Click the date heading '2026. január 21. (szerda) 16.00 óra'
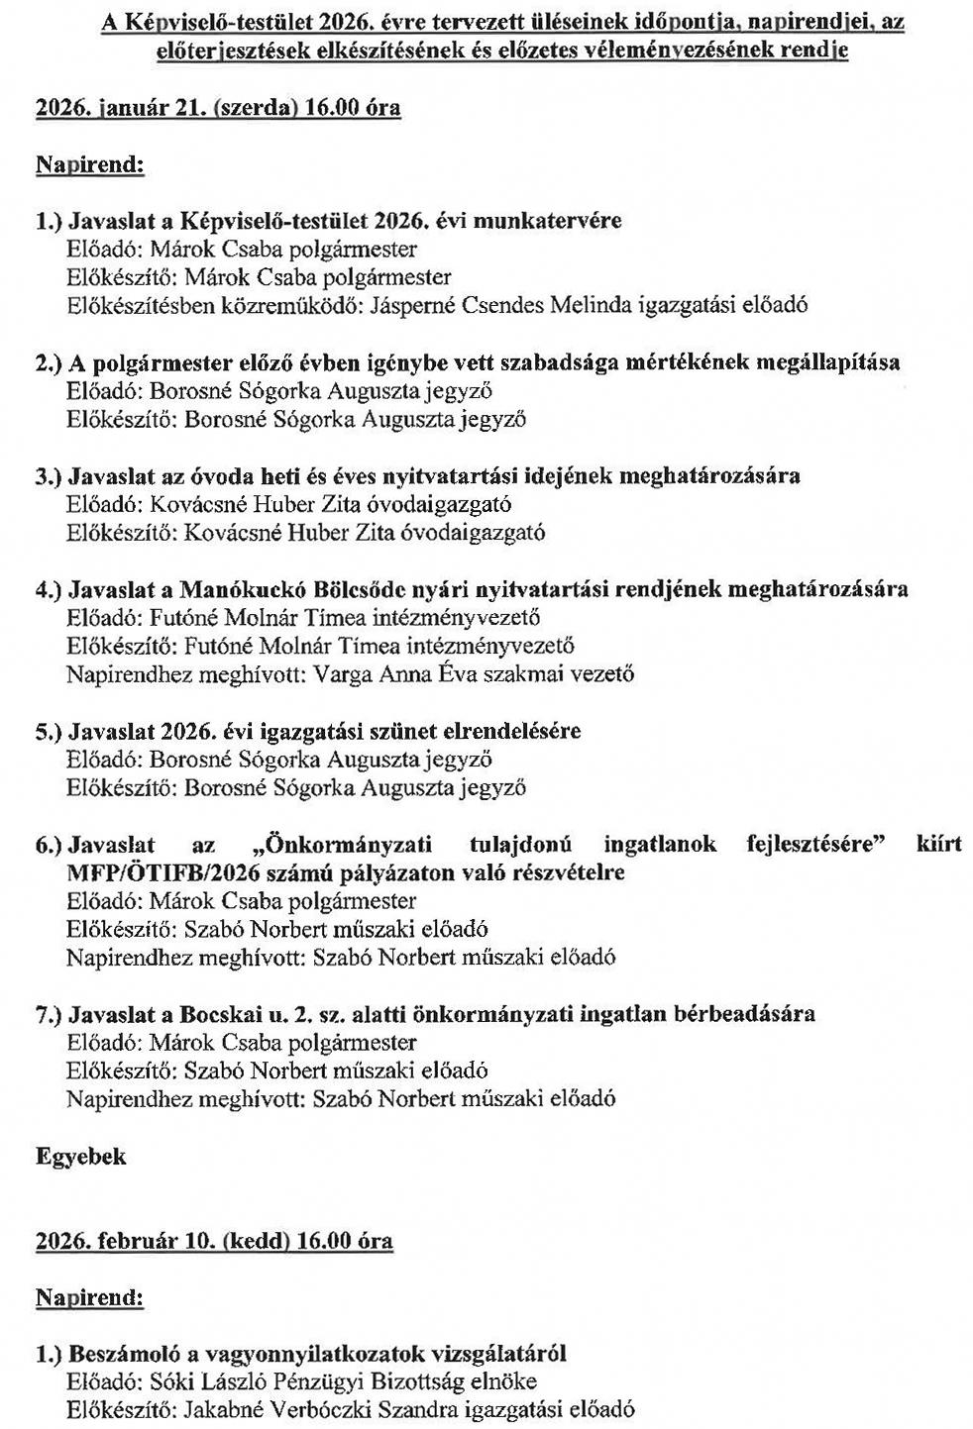(x=218, y=108)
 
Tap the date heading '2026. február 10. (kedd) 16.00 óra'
(x=214, y=1240)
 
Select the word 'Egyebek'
(x=81, y=1156)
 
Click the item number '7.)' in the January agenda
(x=50, y=1014)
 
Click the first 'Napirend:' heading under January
(x=90, y=164)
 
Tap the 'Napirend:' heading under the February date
(x=90, y=1296)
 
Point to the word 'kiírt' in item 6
(x=938, y=845)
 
